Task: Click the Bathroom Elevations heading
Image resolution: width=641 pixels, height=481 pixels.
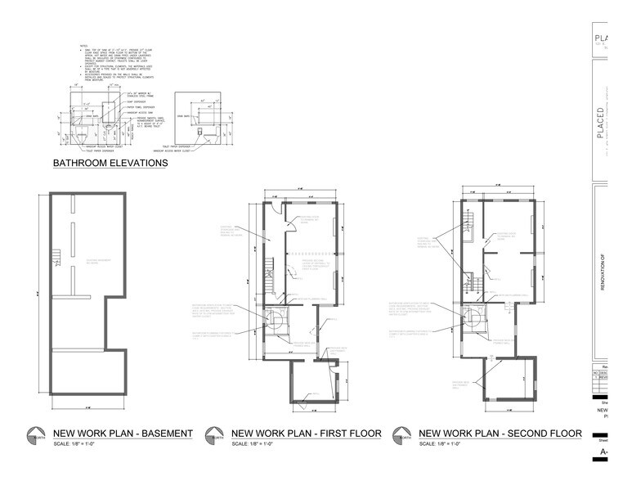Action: coord(110,163)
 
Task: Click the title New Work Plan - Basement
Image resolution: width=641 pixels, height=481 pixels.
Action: coord(123,433)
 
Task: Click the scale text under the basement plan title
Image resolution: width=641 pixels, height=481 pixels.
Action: coord(71,444)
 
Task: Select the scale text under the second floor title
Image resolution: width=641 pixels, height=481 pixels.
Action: coord(437,444)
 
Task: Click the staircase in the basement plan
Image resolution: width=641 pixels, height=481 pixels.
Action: coord(56,261)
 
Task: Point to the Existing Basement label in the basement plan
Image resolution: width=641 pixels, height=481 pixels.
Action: coord(99,263)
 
